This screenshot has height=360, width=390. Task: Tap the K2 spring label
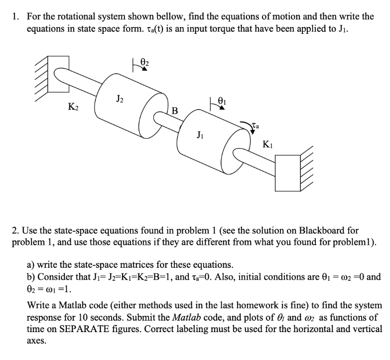pyautogui.click(x=73, y=106)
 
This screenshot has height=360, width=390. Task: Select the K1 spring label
pyautogui.click(x=267, y=145)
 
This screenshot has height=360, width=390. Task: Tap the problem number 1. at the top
pyautogui.click(x=15, y=16)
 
